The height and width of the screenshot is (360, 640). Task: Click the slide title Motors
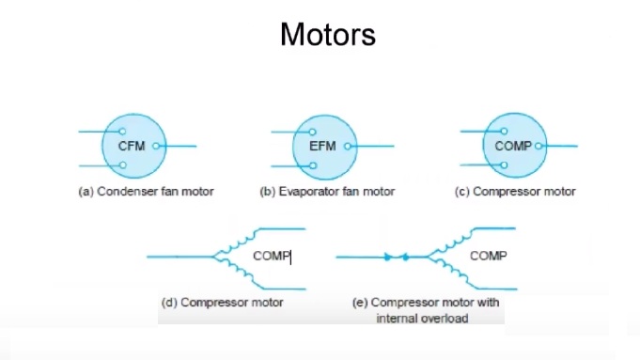327,35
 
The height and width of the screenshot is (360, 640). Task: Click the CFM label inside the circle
132,147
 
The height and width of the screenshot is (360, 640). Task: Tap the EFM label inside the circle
322,147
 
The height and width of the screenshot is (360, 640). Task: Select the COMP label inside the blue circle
513,147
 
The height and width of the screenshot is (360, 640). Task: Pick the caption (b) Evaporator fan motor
327,192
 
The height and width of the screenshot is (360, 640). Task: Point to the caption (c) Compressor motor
514,192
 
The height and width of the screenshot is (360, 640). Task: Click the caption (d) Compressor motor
223,303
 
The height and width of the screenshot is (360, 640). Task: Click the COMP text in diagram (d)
271,256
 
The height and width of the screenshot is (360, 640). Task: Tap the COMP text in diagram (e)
488,256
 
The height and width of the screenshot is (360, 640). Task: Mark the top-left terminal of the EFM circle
313,132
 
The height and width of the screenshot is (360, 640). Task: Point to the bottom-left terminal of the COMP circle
504,164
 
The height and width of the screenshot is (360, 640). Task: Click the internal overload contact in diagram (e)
396,256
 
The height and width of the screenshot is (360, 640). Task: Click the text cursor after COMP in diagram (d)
290,257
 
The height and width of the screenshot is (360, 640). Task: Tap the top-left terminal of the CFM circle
122,132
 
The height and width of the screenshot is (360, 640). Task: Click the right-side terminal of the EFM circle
346,147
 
